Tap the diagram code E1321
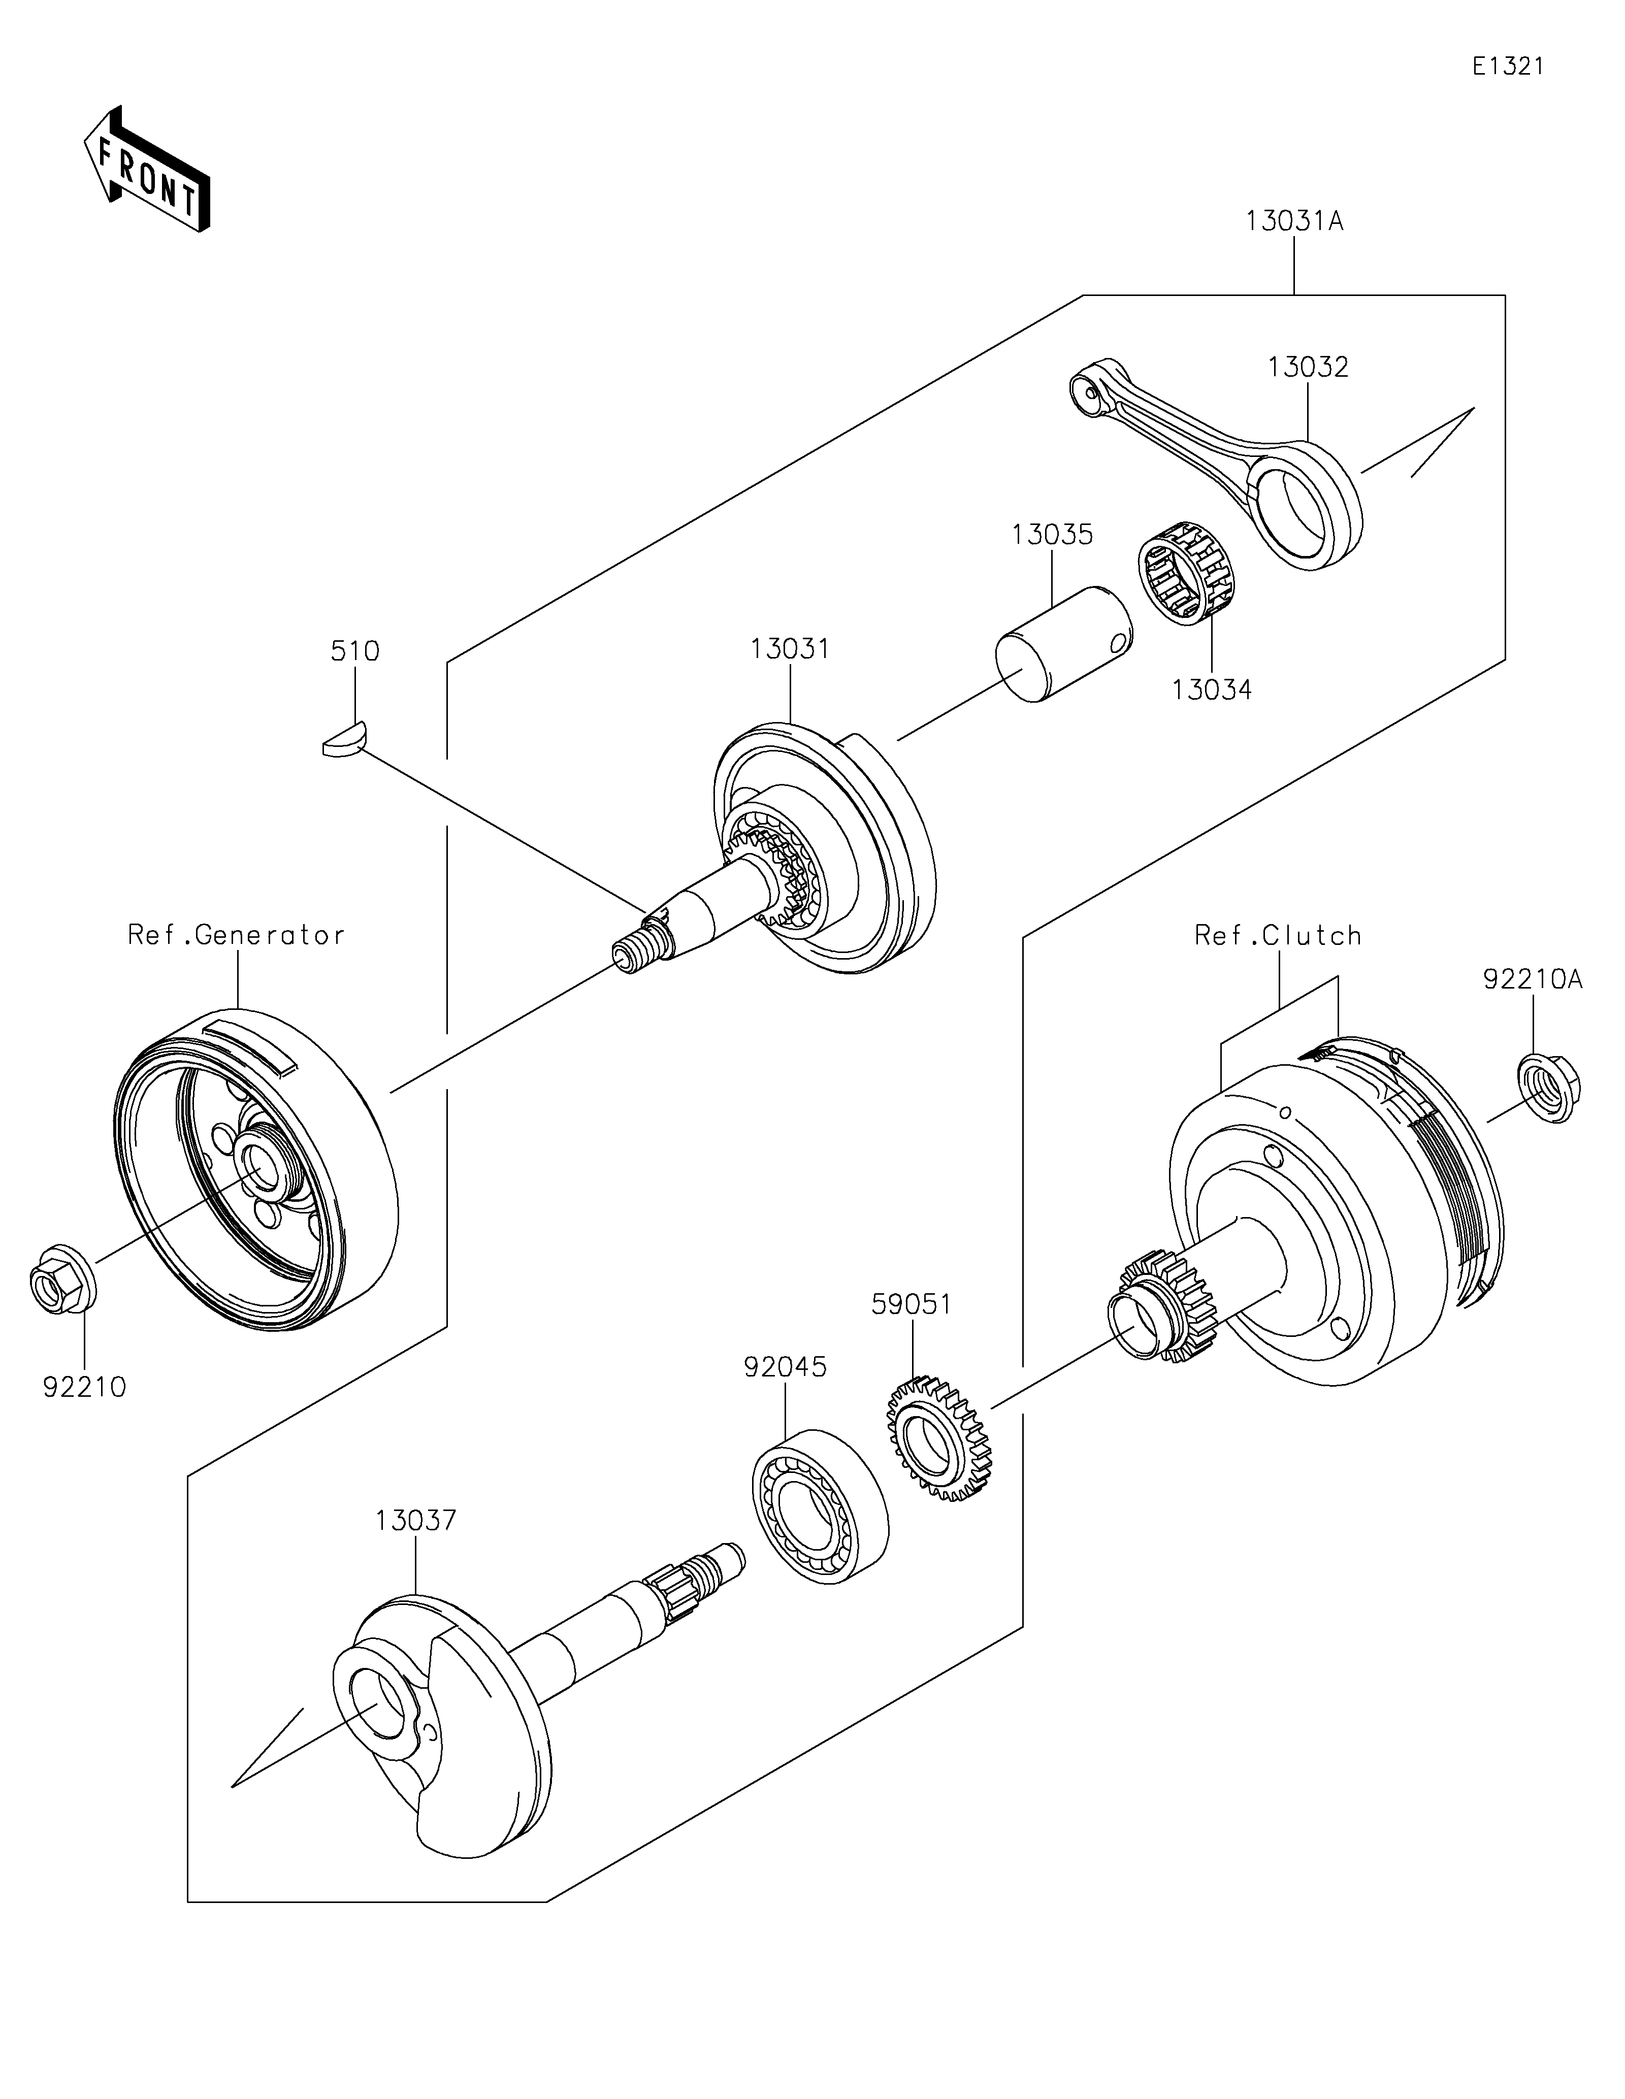pos(1507,67)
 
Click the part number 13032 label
pos(1308,367)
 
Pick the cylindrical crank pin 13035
pos(1063,644)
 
